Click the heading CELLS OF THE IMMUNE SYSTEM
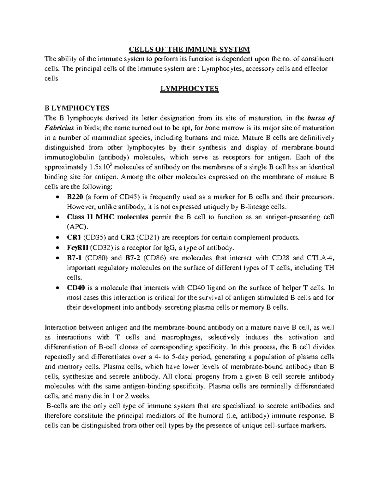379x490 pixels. (x=189, y=50)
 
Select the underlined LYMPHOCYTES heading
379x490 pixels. (x=189, y=89)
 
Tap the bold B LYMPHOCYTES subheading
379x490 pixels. (x=77, y=109)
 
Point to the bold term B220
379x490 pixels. (x=75, y=197)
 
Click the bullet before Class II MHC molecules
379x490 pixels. (x=56, y=217)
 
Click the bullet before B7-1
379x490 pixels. (x=56, y=258)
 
